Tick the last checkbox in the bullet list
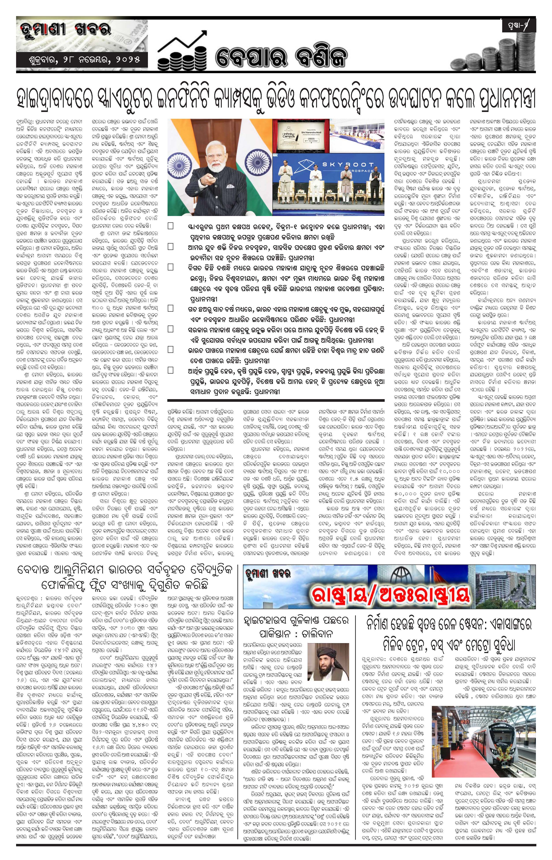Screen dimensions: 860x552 click(x=171, y=370)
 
